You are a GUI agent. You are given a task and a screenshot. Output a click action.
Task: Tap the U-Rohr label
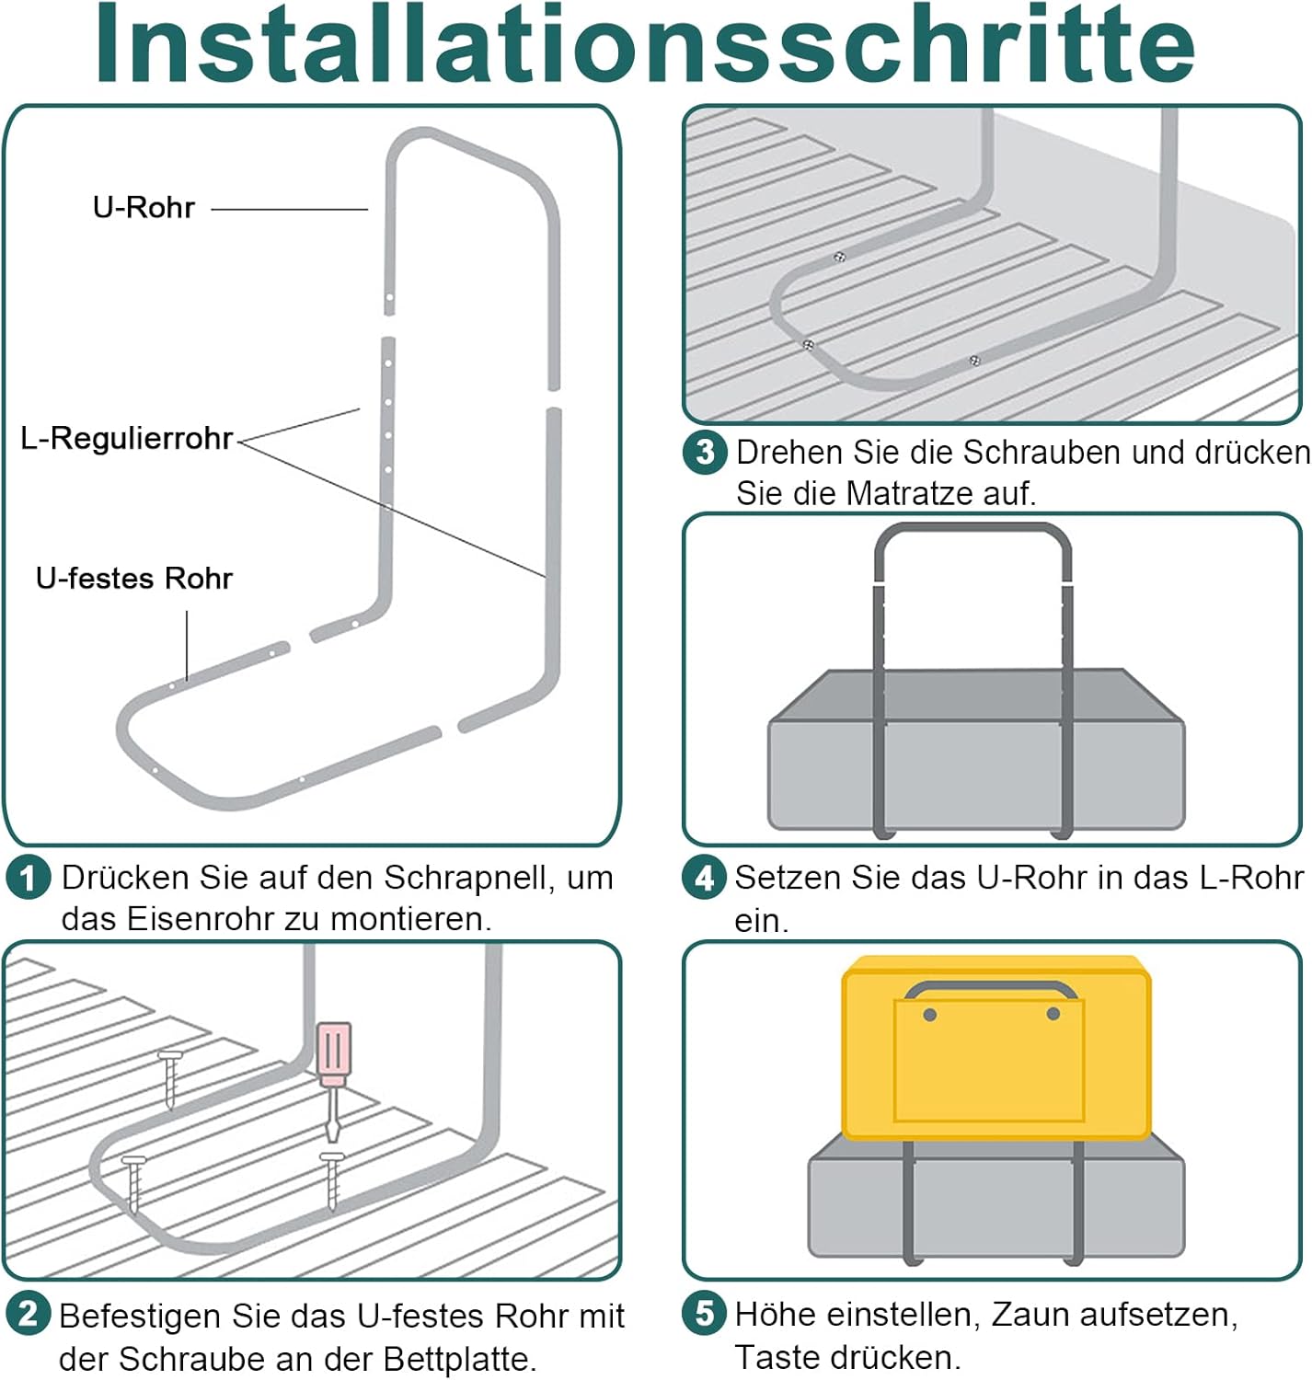coord(144,208)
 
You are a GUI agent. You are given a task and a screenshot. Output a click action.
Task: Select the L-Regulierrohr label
coord(126,439)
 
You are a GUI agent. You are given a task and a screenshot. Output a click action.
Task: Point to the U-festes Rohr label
coord(133,579)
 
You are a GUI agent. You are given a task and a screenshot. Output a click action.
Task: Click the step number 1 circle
coord(28,878)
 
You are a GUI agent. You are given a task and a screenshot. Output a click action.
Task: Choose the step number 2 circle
coord(28,1313)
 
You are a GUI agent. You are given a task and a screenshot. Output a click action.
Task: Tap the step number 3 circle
coord(705,453)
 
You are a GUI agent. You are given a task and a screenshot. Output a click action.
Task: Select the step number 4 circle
coord(705,878)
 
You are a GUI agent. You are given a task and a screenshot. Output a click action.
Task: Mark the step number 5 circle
coord(705,1313)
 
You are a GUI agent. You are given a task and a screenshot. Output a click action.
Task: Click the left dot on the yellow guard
coord(929,1014)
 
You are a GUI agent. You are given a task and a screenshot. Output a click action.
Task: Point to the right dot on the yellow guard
coord(1053,1014)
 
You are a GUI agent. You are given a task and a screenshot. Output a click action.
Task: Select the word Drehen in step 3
coord(789,453)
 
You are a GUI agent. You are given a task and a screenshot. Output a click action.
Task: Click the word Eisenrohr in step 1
coord(201,919)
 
